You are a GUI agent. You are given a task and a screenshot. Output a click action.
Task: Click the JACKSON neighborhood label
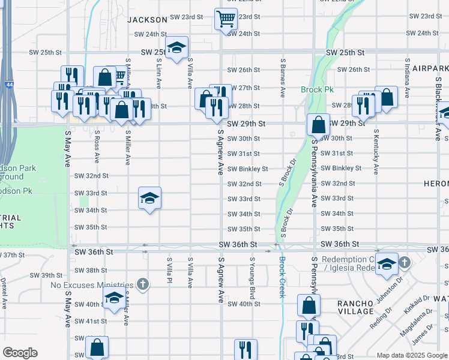146,20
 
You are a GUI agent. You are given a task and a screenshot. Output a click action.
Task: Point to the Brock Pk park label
317,90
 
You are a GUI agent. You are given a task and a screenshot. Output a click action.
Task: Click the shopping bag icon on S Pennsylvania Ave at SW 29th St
318,124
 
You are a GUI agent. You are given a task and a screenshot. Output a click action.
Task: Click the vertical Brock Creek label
282,277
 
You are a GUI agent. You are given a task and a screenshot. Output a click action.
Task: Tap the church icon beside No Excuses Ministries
142,283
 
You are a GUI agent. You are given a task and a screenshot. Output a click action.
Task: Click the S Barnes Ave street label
282,78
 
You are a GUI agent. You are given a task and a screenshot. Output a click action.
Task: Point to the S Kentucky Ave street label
376,151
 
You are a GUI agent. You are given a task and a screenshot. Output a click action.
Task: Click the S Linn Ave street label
159,73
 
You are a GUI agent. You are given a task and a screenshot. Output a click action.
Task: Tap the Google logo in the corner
20,353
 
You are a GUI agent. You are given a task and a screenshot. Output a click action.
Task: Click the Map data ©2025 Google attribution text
411,356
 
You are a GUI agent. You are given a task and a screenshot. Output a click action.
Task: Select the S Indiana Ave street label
408,78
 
